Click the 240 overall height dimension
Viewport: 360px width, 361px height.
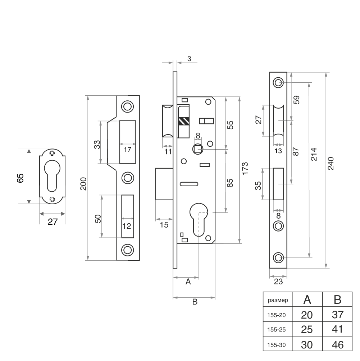tap(331, 164)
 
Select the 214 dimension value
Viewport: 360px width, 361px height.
tap(314, 154)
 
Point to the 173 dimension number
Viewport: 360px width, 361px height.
tap(245, 169)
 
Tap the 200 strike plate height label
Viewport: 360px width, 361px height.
tap(83, 184)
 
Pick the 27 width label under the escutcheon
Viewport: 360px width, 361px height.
tap(53, 222)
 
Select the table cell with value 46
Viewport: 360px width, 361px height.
tap(337, 345)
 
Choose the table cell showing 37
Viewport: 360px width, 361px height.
tap(337, 315)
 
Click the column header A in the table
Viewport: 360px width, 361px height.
tap(307, 300)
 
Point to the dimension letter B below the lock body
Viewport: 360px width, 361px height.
tap(195, 302)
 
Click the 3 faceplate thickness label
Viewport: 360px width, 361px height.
tap(189, 58)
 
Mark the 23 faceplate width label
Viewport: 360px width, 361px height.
tap(278, 282)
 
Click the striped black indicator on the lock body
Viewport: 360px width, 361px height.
tap(183, 121)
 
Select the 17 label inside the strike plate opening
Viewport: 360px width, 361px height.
tap(127, 150)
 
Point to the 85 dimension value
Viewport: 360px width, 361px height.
tap(231, 183)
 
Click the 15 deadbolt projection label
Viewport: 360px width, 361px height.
tap(164, 225)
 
